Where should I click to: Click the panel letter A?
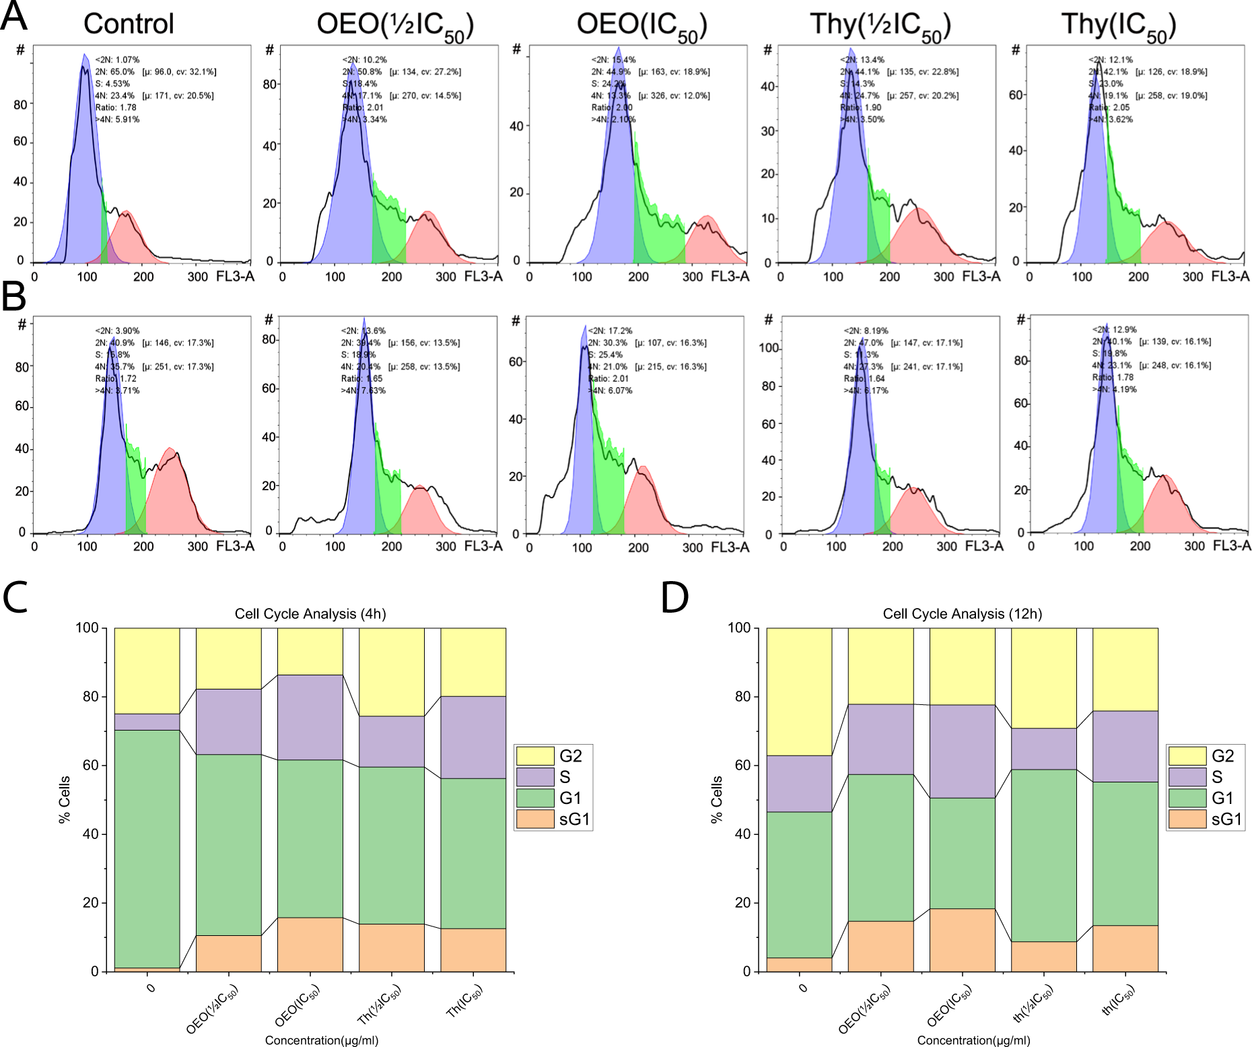click(15, 16)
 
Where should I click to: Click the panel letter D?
click(674, 597)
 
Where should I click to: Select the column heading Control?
click(129, 24)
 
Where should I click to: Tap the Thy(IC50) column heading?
click(1119, 26)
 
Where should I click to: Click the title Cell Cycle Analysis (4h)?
click(310, 614)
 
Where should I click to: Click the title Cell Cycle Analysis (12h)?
click(962, 614)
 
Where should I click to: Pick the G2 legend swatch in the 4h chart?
click(534, 755)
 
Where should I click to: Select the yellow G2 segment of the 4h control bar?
click(147, 671)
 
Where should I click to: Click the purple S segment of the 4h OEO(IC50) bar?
click(310, 717)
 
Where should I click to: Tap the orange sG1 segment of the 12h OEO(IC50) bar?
click(962, 940)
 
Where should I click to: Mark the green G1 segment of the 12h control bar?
click(799, 885)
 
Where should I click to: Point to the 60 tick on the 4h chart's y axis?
click(90, 766)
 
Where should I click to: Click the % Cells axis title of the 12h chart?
click(716, 799)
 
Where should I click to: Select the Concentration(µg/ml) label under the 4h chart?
click(322, 1040)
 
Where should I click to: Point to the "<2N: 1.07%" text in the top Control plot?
click(117, 60)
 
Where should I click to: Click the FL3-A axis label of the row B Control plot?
click(235, 546)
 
